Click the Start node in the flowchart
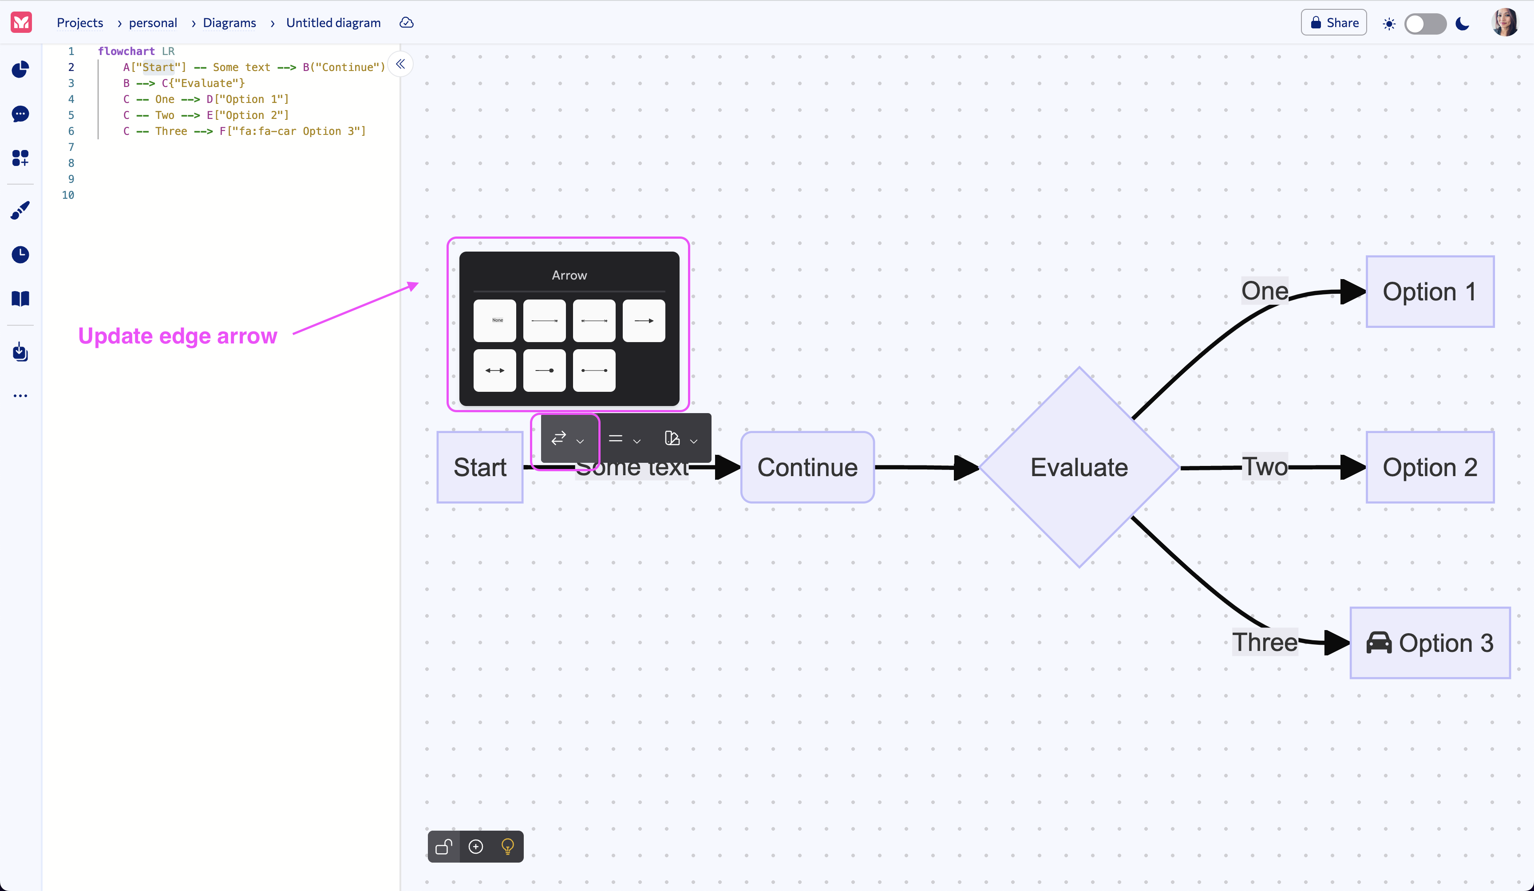(x=480, y=467)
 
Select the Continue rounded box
(x=807, y=467)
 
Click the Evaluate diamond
(x=1079, y=467)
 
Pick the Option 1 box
(x=1429, y=292)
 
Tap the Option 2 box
(x=1429, y=467)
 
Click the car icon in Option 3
(x=1379, y=643)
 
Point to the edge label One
(x=1264, y=291)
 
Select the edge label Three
(x=1264, y=642)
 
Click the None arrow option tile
(x=495, y=321)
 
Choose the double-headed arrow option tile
(x=495, y=371)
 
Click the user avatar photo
(x=1504, y=23)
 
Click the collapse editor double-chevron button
(x=400, y=64)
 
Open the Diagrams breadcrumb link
(x=229, y=23)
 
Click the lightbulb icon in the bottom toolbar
(x=507, y=847)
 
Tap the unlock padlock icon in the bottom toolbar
(x=444, y=847)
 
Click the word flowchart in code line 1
(x=126, y=51)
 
